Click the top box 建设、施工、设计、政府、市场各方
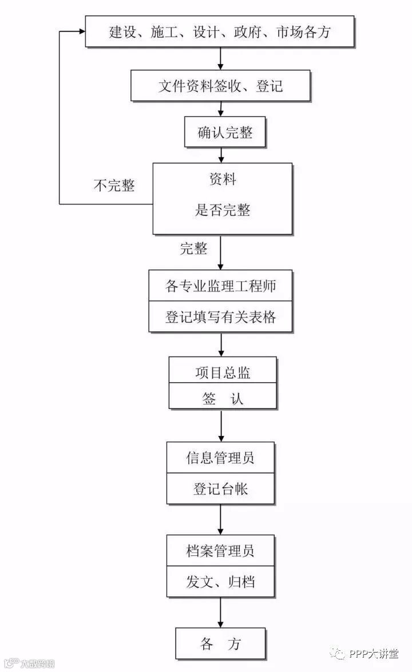click(220, 31)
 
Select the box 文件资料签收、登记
click(220, 86)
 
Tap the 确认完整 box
click(225, 133)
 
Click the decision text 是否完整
click(223, 210)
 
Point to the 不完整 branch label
click(114, 186)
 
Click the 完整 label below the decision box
click(194, 248)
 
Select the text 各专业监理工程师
click(220, 286)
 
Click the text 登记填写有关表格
click(220, 317)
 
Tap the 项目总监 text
click(223, 373)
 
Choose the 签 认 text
click(223, 398)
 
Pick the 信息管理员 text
click(220, 458)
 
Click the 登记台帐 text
click(220, 489)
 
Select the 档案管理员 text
click(220, 551)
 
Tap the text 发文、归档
click(220, 582)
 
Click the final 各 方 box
click(220, 644)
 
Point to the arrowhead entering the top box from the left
click(81, 31)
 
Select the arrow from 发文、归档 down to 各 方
click(221, 613)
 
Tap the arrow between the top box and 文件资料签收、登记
click(221, 59)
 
